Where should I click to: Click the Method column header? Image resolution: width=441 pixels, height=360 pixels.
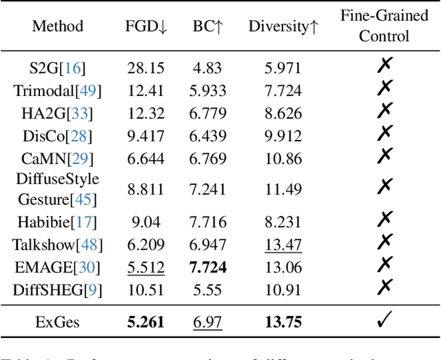point(57,26)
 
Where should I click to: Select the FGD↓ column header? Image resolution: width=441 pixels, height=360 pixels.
point(145,26)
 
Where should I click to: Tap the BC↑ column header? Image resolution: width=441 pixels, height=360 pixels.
point(207,26)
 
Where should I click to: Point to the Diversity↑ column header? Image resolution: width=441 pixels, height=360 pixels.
point(284,26)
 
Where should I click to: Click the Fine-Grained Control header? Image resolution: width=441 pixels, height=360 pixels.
point(384,26)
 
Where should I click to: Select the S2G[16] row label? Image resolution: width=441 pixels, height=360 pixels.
point(57,67)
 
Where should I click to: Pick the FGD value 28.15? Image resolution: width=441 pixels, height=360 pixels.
point(145,67)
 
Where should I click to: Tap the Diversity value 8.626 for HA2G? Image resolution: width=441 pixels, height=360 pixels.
point(284,112)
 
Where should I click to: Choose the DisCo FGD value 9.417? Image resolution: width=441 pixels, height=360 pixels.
point(145,135)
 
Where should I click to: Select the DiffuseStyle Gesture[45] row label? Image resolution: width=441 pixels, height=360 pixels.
point(57,188)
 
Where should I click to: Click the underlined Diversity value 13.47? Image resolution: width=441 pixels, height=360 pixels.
point(284,243)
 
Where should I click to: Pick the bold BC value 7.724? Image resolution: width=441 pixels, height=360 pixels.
point(207,266)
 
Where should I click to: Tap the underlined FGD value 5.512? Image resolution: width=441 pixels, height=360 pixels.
point(145,266)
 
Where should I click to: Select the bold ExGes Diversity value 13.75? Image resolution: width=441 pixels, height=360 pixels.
point(284,322)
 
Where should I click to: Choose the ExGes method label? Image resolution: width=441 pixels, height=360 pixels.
point(57,322)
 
